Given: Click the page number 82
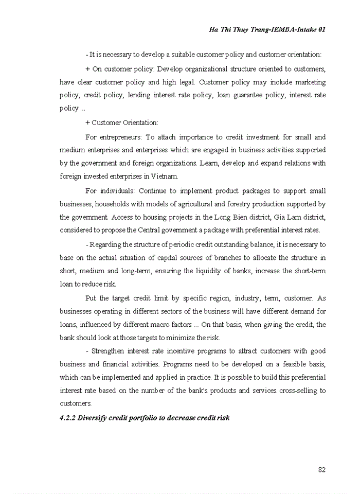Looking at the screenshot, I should pyautogui.click(x=321, y=469).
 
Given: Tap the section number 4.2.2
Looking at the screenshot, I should pyautogui.click(x=68, y=418).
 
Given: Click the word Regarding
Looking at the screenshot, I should pyautogui.click(x=106, y=244).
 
